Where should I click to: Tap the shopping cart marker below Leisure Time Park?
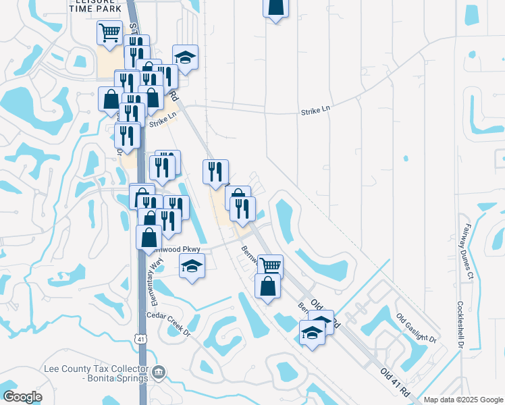[x=109, y=33]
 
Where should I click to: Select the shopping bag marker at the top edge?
[x=275, y=7]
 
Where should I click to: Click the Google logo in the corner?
[x=22, y=396]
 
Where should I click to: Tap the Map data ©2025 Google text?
[x=464, y=400]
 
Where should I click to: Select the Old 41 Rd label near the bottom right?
[x=395, y=382]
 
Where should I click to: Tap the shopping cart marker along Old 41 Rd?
[x=270, y=266]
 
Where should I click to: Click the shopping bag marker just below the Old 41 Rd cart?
[x=268, y=286]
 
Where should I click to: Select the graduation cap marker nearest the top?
[x=185, y=57]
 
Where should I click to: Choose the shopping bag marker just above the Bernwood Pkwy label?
[x=149, y=238]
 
